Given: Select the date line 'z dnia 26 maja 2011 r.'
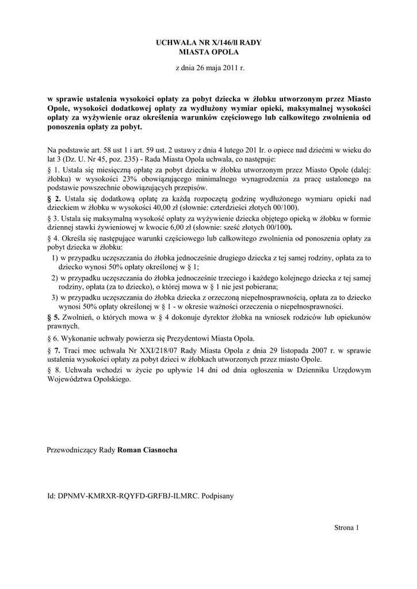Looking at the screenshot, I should click(x=209, y=68).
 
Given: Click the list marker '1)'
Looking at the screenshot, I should click(x=55, y=258).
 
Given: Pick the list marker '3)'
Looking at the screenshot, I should click(x=55, y=297).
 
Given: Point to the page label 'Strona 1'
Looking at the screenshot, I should click(x=346, y=527).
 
